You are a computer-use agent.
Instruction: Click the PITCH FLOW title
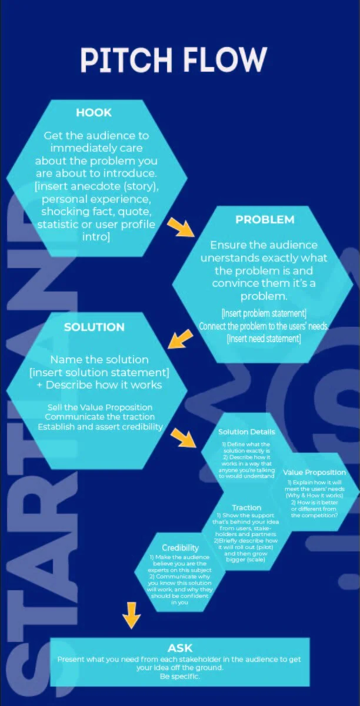174,61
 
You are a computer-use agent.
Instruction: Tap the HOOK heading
94,112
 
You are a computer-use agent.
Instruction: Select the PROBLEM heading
265,220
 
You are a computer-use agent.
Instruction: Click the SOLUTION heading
94,327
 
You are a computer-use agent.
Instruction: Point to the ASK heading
180,648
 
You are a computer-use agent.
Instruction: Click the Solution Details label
246,431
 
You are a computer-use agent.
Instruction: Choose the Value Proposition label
314,472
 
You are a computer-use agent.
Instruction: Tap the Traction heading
246,507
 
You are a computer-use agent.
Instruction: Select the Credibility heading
180,547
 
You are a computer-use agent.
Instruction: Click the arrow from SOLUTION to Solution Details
183,437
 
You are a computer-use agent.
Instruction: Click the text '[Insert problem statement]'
264,313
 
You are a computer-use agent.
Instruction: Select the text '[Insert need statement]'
264,339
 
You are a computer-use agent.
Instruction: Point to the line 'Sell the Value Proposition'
99,407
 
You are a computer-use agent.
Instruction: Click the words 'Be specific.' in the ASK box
180,677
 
